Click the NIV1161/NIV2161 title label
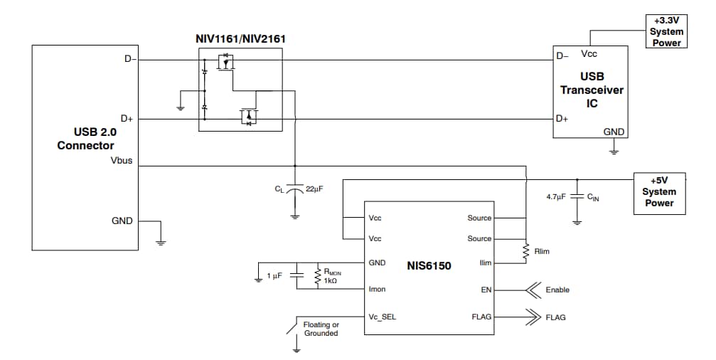tap(240, 38)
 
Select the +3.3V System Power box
tap(667, 32)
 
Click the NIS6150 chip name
tap(429, 265)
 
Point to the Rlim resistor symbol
tap(525, 251)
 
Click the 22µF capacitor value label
tap(314, 189)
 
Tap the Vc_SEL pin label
tap(382, 317)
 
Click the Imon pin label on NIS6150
tap(377, 290)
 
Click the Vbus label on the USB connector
tap(119, 162)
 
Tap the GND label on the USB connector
tap(122, 221)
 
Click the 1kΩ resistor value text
tap(330, 281)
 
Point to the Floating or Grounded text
tap(321, 329)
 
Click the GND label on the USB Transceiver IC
tap(614, 132)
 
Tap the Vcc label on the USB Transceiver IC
tap(589, 54)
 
